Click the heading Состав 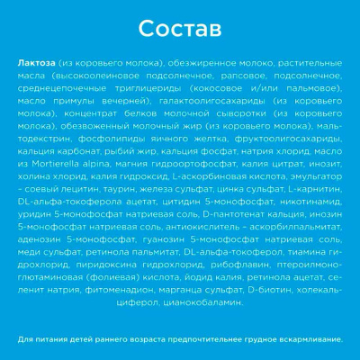pos(180,30)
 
